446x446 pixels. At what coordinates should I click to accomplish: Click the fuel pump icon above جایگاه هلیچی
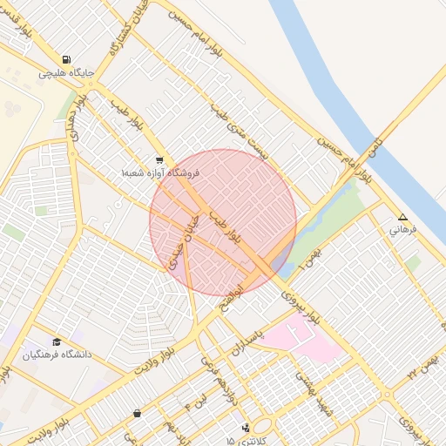pos(66,62)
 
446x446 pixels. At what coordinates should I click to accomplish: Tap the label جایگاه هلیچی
pos(66,75)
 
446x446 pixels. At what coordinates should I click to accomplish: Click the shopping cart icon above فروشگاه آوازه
pos(159,160)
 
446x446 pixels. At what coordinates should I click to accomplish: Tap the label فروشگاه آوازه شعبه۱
pos(160,173)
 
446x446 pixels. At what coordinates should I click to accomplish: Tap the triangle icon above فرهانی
pos(402,217)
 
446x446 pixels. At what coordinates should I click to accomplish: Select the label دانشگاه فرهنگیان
pos(57,355)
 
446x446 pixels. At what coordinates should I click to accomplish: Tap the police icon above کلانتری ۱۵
pos(247,428)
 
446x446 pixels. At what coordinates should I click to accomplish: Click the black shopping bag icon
pos(137,413)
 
